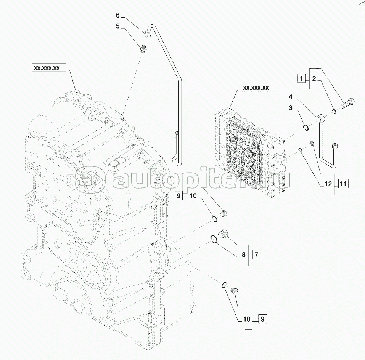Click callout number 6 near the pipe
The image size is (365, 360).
118,15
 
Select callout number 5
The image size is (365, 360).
118,26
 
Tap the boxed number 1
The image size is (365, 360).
301,79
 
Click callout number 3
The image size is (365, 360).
291,109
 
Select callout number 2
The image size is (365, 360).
314,79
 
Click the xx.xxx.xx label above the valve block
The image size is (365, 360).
256,88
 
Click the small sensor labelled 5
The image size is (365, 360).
144,48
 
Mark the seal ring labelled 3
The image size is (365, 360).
306,128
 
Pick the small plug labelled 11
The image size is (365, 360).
311,144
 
